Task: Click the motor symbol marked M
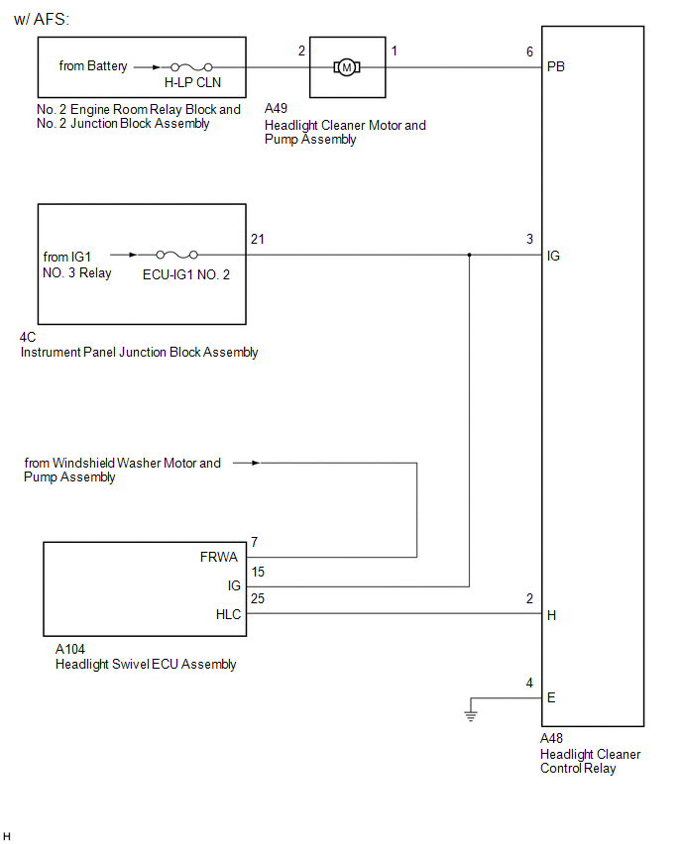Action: pos(346,66)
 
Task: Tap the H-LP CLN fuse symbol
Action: pos(186,66)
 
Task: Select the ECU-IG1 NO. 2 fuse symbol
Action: pos(175,255)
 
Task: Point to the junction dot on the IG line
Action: pos(469,255)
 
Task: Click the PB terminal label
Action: pos(556,67)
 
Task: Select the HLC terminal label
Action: pos(228,614)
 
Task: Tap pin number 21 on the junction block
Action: pos(258,240)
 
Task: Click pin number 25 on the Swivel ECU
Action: pos(258,599)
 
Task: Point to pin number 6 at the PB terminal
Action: pos(529,52)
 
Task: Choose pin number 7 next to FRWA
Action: pos(255,542)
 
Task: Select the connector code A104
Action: pos(70,649)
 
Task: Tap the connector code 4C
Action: pos(28,337)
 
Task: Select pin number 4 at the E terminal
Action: pos(529,683)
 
